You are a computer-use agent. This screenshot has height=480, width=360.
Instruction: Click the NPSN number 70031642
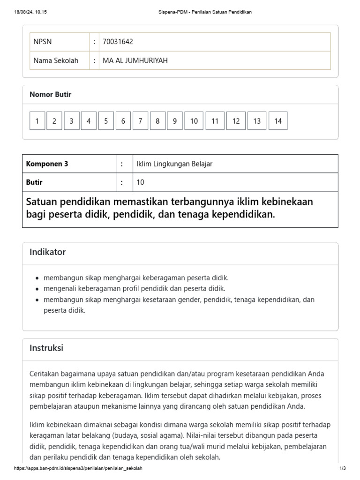coord(118,42)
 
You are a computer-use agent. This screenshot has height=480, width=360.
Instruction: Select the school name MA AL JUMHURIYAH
coord(135,60)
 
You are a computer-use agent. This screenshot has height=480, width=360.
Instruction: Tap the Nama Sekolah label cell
coord(56,60)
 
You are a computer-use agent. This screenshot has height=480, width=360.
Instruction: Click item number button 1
coord(37,121)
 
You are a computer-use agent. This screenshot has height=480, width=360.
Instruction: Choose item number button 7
coord(140,121)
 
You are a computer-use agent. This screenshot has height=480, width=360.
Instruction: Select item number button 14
coord(278,121)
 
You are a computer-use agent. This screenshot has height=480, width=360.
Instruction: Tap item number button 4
coord(89,121)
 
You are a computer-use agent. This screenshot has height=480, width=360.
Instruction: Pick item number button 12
coord(236,121)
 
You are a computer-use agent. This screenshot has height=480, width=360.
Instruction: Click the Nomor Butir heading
coord(51,95)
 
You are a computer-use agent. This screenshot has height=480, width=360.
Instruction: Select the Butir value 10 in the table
coord(140,182)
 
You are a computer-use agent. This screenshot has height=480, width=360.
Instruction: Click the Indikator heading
coord(48,252)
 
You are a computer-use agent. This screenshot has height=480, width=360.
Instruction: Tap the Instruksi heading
coord(46,348)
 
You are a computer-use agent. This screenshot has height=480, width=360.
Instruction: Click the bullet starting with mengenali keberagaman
coord(135,288)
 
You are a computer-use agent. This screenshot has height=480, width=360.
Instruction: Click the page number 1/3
coord(342,468)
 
